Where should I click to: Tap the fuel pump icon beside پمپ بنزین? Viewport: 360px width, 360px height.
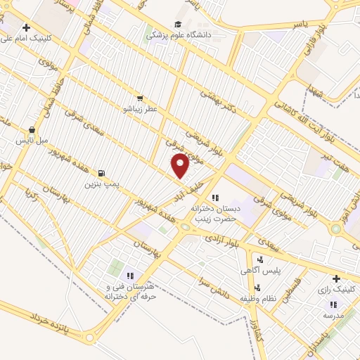(103, 173)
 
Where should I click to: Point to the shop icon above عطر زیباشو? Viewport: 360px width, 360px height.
(139, 98)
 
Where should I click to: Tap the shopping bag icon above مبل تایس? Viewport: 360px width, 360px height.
(32, 129)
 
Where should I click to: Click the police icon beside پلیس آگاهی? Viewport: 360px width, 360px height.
(261, 260)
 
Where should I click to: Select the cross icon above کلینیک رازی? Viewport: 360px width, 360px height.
(335, 278)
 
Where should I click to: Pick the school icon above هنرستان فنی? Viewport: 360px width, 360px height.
(130, 275)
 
